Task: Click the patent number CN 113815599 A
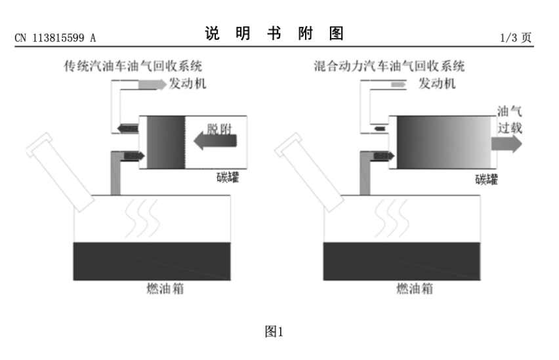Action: pyautogui.click(x=55, y=38)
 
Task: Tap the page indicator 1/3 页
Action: pyautogui.click(x=516, y=37)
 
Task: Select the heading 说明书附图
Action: pyautogui.click(x=274, y=33)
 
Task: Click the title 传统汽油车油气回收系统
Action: pyautogui.click(x=133, y=66)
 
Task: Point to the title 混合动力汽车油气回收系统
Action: pyautogui.click(x=389, y=66)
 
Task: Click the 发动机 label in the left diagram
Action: pyautogui.click(x=188, y=84)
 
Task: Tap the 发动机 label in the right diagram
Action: pyautogui.click(x=437, y=84)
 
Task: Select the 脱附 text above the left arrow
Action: pyautogui.click(x=219, y=129)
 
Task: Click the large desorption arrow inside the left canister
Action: pyautogui.click(x=215, y=141)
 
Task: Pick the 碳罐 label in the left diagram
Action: pyautogui.click(x=228, y=177)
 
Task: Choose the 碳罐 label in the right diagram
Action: pyautogui.click(x=486, y=179)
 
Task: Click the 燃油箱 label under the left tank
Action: pyautogui.click(x=165, y=289)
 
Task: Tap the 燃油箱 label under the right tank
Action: pyautogui.click(x=415, y=289)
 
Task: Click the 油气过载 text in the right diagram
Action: pyautogui.click(x=510, y=119)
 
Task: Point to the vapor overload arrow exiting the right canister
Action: pyautogui.click(x=507, y=144)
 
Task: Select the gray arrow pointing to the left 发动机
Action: pyautogui.click(x=152, y=85)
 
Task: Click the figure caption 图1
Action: pyautogui.click(x=274, y=332)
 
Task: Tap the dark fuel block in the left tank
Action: pyautogui.click(x=152, y=261)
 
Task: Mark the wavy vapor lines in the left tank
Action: pyautogui.click(x=142, y=218)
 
